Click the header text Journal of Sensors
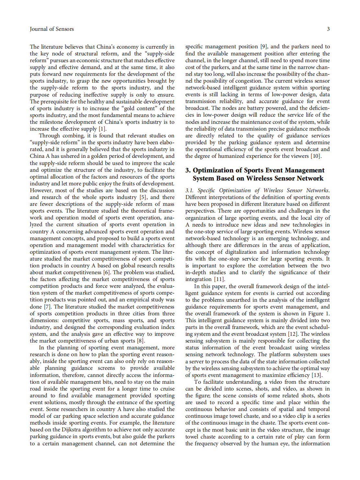point(52,29)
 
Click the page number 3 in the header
point(328,29)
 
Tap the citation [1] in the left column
point(102,129)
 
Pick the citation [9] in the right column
point(264,47)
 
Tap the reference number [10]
point(316,156)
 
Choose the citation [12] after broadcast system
point(293,334)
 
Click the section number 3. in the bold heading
point(188,170)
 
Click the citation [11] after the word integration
point(219,279)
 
